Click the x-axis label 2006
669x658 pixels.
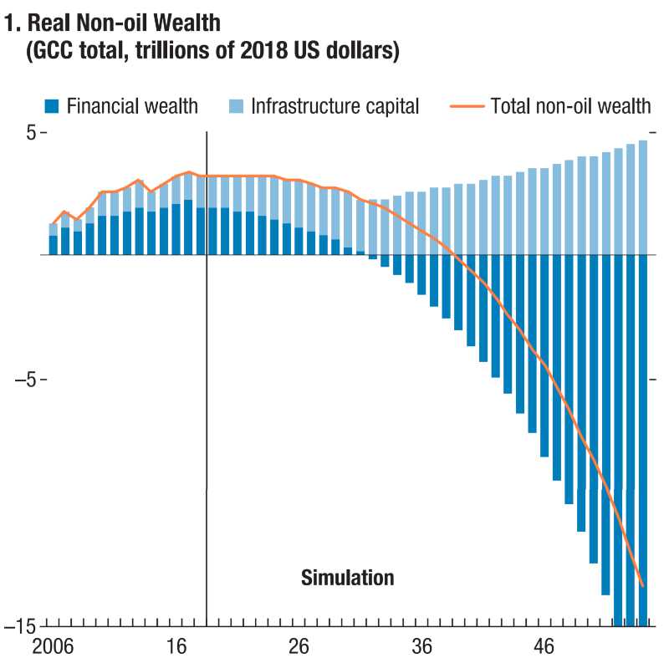[x=53, y=646]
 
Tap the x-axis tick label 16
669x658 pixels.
[x=176, y=646]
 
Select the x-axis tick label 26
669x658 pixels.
[x=299, y=646]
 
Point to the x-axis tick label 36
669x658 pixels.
[x=421, y=646]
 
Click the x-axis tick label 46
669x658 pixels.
[x=544, y=646]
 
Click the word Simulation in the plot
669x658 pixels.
[x=347, y=577]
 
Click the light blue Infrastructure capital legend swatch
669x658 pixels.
[x=236, y=106]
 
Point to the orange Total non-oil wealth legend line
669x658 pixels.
[x=466, y=106]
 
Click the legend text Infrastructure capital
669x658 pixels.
[x=335, y=106]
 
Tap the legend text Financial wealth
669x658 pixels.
[x=132, y=106]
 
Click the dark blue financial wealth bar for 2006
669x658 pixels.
[x=54, y=245]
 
